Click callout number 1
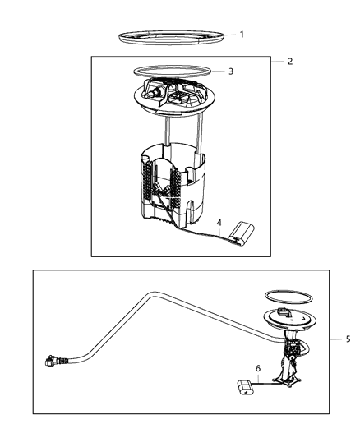tap(242, 35)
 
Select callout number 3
tap(231, 71)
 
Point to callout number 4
tap(219, 223)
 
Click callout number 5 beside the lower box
tap(348, 339)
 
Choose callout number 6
tap(258, 370)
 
